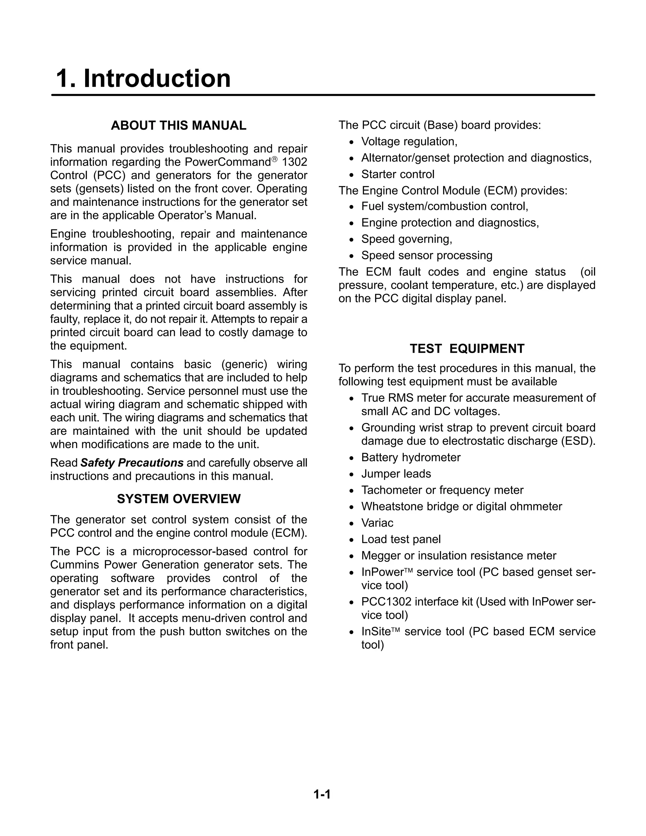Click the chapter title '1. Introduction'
(143, 79)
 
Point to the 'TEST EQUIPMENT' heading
(467, 349)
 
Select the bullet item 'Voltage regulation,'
(409, 142)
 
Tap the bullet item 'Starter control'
(398, 174)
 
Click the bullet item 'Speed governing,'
(406, 239)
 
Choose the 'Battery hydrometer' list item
(411, 457)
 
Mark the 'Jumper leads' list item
(396, 474)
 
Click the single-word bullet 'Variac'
(377, 523)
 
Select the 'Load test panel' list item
(401, 539)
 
